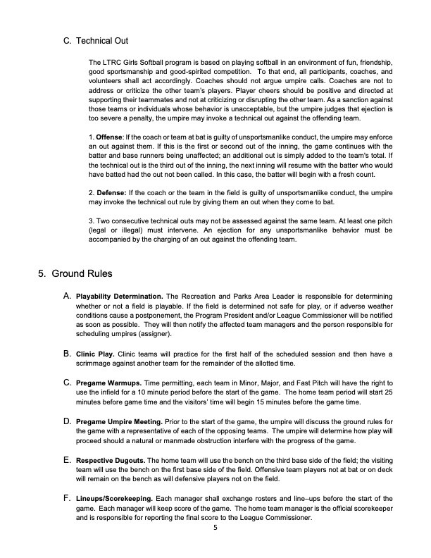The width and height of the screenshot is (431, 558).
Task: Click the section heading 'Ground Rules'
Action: coord(82,273)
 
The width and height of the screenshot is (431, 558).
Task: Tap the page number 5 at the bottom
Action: coord(216,531)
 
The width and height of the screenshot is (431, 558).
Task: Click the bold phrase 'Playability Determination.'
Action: coord(120,294)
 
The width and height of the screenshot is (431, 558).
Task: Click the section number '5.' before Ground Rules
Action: coord(42,273)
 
